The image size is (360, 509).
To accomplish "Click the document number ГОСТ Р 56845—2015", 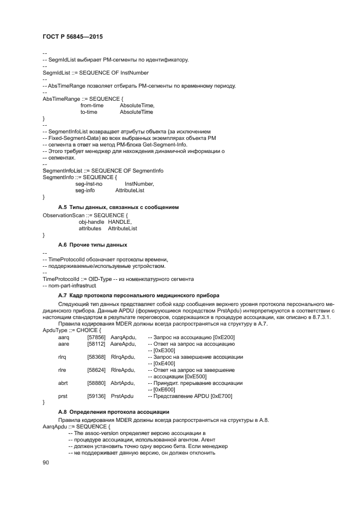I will click(x=72, y=36).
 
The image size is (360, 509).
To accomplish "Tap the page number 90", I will click(x=46, y=462).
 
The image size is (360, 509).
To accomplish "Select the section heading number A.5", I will click(x=62, y=207).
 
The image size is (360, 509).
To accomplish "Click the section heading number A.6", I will click(x=62, y=245).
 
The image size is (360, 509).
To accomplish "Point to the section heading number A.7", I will click(x=62, y=295).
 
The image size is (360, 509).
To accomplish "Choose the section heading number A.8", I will click(x=62, y=412).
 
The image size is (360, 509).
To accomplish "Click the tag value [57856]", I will click(x=96, y=338).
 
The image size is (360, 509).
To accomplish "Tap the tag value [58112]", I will click(x=96, y=344).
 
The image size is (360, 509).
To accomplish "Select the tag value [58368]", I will click(x=96, y=357).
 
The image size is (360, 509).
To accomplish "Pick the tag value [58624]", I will click(x=96, y=370).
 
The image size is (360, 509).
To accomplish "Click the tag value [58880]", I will click(x=96, y=383).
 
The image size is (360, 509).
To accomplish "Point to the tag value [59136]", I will click(x=96, y=396).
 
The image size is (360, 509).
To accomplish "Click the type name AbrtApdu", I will click(x=123, y=383).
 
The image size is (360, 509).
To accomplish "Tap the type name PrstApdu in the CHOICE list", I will click(x=122, y=396).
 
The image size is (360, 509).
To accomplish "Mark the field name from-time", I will click(x=92, y=105).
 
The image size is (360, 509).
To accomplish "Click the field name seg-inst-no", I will click(x=89, y=184).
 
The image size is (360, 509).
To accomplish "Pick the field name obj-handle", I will click(x=90, y=222).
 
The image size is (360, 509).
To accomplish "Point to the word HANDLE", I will click(x=120, y=222).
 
